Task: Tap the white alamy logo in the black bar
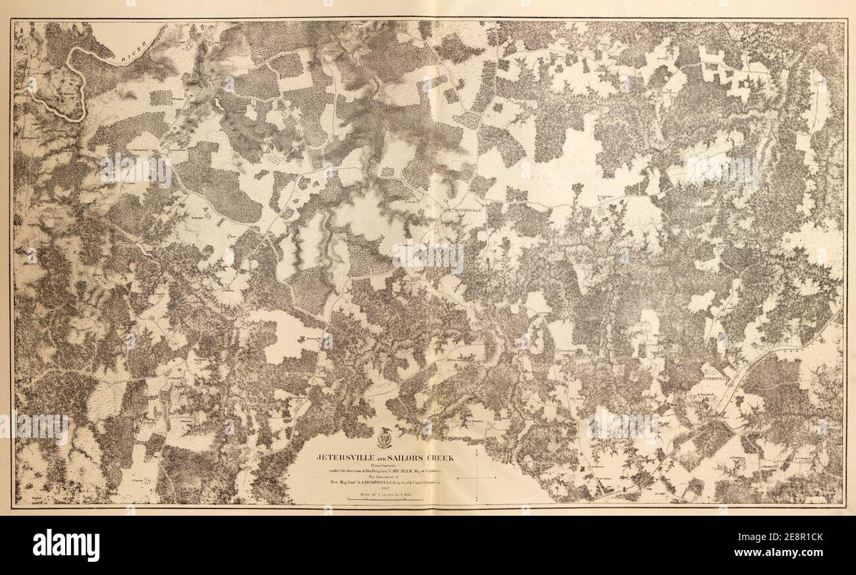[66, 545]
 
